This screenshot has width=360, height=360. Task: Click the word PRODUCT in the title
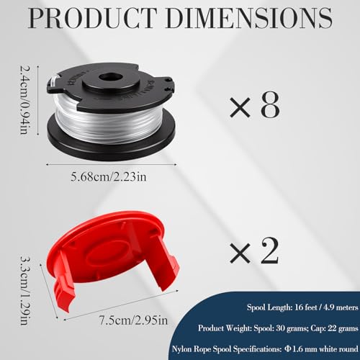[x=92, y=18]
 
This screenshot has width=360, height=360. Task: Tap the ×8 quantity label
[x=255, y=105]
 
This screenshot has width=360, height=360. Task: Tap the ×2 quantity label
[x=254, y=251]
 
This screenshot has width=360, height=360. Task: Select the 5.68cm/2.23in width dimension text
[x=109, y=177]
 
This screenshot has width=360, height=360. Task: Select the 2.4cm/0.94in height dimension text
[x=25, y=100]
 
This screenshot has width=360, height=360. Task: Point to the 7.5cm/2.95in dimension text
[x=134, y=320]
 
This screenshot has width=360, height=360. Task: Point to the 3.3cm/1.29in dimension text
[x=25, y=290]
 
